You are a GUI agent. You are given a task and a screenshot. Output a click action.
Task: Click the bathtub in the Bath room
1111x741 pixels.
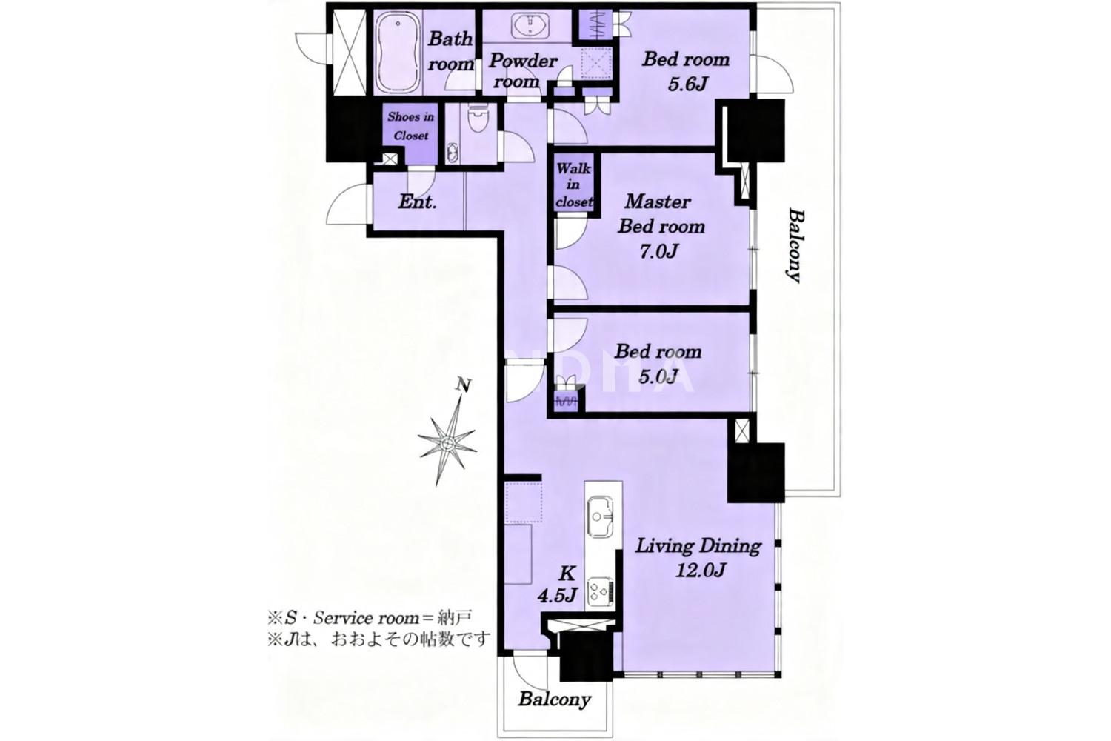point(396,53)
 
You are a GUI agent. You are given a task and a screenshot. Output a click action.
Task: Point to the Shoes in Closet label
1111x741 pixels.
point(410,126)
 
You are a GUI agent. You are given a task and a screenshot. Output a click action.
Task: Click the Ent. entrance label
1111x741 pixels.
point(417,202)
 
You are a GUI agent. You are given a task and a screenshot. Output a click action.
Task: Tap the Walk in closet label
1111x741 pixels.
point(574,185)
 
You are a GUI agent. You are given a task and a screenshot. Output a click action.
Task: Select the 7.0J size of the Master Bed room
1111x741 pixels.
point(658,252)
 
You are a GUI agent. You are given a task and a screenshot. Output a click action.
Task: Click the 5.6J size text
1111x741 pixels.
point(687,84)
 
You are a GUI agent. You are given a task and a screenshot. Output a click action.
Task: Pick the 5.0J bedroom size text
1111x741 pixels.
point(658,376)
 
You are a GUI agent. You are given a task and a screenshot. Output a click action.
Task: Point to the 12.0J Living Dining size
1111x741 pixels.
point(701,571)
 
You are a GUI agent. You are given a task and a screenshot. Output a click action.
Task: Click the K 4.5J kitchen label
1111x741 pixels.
point(558,585)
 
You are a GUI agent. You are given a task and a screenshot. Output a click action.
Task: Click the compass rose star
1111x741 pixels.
point(448,443)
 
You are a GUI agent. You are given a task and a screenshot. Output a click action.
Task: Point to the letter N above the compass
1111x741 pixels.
point(464,385)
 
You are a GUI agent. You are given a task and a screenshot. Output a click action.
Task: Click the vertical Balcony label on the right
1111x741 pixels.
point(795,246)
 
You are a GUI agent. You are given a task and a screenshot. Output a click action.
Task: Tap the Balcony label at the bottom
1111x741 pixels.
point(554,700)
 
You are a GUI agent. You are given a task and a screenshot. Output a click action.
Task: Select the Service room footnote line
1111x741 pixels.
point(370,619)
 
